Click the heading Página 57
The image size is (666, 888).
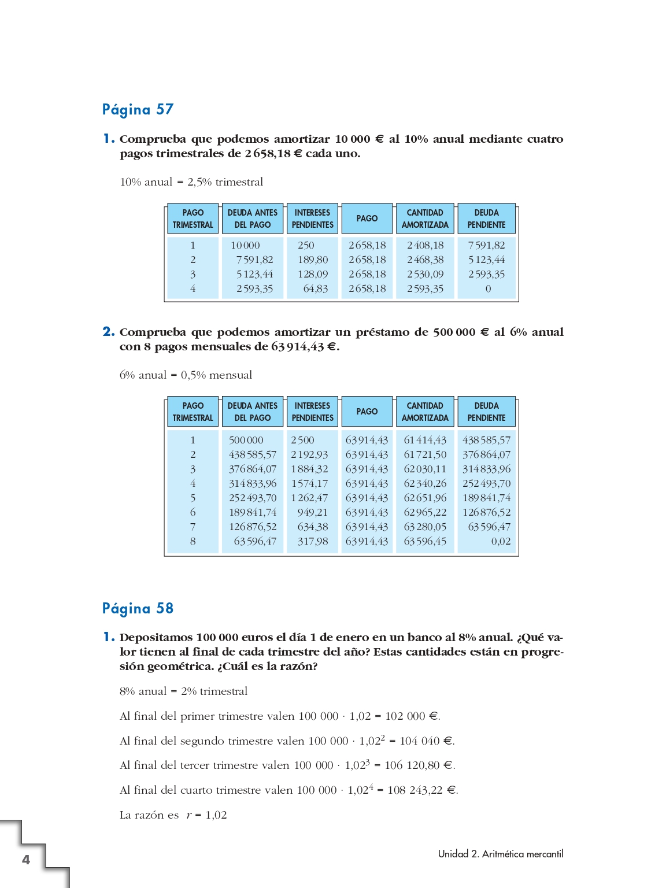coord(138,109)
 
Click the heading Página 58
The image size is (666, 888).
coord(138,608)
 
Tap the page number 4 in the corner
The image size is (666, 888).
coord(26,860)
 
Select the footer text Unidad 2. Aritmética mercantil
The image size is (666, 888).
coord(500,854)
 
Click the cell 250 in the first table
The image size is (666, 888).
coord(306,245)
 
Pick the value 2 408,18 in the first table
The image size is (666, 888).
coord(425,245)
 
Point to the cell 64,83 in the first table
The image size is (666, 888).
coord(315,288)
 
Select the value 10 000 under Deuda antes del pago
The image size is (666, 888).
coord(245,245)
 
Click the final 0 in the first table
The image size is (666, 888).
coord(488,288)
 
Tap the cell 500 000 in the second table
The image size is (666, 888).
coord(246,440)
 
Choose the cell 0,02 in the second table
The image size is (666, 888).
coord(501,541)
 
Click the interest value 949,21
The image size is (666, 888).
coord(312,512)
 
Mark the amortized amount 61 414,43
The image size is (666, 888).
coord(425,440)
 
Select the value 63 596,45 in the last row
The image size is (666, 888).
coord(425,541)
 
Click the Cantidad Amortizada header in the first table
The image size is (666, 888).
coord(425,219)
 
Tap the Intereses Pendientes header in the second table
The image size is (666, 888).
coord(312,412)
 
